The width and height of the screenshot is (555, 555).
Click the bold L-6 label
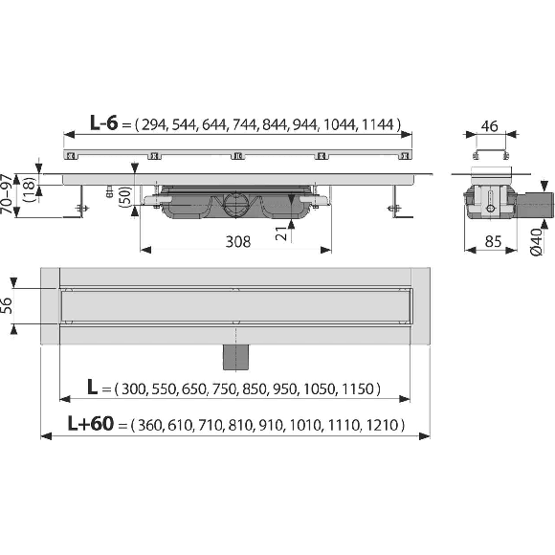[x=103, y=122]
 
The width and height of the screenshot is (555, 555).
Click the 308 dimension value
[x=238, y=242]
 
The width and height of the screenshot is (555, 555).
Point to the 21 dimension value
[x=282, y=233]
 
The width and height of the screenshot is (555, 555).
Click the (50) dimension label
[x=125, y=195]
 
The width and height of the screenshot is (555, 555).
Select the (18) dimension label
[x=29, y=189]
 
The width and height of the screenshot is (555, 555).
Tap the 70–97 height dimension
[x=7, y=193]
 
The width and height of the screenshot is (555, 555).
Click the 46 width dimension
[x=490, y=125]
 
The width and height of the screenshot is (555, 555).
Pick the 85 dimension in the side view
[x=493, y=242]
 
